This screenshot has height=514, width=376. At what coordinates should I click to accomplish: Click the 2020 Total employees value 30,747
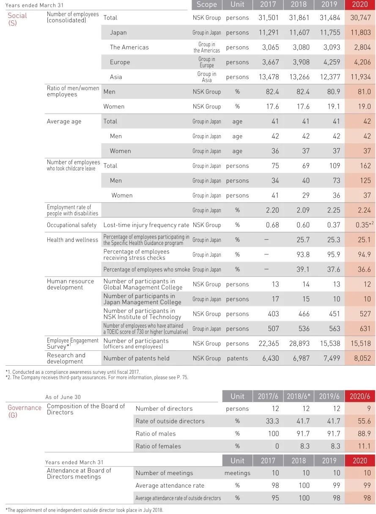tap(360, 18)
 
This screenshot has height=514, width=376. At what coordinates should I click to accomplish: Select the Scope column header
tap(207, 5)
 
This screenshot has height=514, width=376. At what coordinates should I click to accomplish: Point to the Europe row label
tap(120, 62)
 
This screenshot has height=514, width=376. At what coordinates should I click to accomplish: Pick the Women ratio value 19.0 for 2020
tap(364, 107)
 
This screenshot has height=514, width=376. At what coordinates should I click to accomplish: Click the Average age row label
tap(64, 122)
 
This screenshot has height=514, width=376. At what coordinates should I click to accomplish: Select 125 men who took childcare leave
tap(365, 181)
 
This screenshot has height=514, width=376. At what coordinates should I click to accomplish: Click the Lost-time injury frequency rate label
tap(146, 225)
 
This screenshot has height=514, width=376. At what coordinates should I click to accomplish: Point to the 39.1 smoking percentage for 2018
tap(303, 270)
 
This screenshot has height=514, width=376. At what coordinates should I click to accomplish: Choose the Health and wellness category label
tap(72, 240)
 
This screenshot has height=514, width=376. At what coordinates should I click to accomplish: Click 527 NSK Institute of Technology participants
tap(365, 314)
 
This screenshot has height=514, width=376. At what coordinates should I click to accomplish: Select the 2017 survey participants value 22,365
tap(269, 344)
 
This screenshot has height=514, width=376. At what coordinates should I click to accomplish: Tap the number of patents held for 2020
tap(360, 358)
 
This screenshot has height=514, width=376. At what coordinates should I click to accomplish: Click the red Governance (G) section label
tap(24, 411)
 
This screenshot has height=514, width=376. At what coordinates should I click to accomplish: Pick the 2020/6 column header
tap(360, 396)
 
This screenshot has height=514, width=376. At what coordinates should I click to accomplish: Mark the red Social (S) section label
tap(17, 19)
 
